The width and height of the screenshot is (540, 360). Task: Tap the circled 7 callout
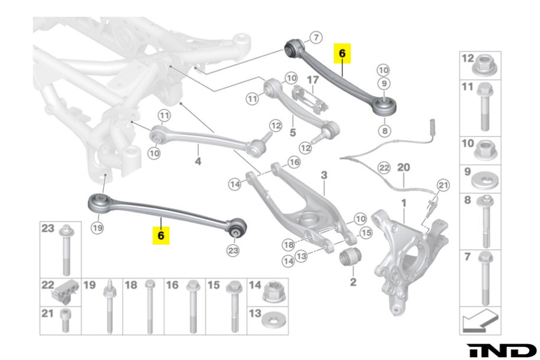click(x=315, y=38)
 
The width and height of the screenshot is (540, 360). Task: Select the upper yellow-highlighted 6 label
click(x=341, y=53)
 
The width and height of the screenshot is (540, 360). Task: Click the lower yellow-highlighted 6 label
click(x=161, y=235)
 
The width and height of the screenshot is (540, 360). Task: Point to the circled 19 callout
click(x=97, y=228)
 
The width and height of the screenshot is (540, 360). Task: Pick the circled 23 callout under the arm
click(x=233, y=250)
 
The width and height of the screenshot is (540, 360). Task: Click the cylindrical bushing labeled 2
click(x=350, y=257)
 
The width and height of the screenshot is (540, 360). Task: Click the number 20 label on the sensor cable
click(x=403, y=167)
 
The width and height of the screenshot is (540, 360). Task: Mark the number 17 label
click(x=313, y=80)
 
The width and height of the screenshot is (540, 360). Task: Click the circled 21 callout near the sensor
click(x=443, y=185)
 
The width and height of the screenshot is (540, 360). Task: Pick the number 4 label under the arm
click(x=198, y=161)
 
